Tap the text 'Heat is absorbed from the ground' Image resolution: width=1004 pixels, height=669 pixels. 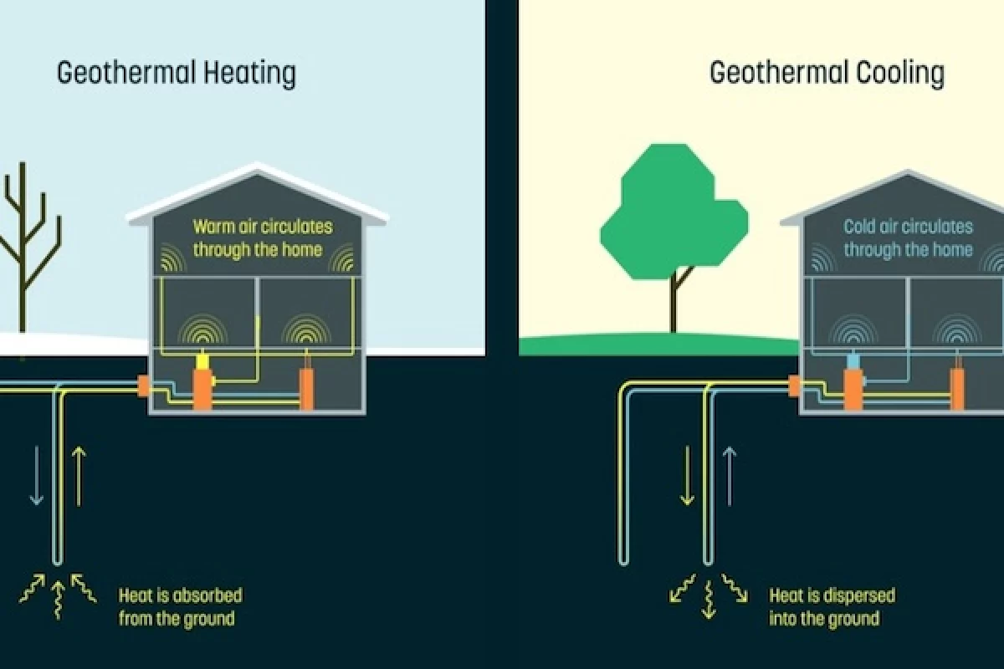(x=180, y=607)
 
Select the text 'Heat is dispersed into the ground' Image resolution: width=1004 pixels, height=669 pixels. (x=832, y=607)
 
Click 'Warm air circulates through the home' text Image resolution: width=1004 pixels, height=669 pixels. (x=262, y=237)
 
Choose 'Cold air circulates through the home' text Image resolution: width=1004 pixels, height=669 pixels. (x=908, y=237)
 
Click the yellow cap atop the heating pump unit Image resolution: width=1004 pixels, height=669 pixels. (x=202, y=361)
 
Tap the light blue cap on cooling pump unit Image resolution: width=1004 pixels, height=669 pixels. (x=853, y=361)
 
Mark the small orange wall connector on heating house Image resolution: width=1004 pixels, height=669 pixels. (x=143, y=386)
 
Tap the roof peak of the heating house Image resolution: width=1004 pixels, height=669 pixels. (x=256, y=169)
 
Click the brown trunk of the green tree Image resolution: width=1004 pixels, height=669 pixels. (x=674, y=301)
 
